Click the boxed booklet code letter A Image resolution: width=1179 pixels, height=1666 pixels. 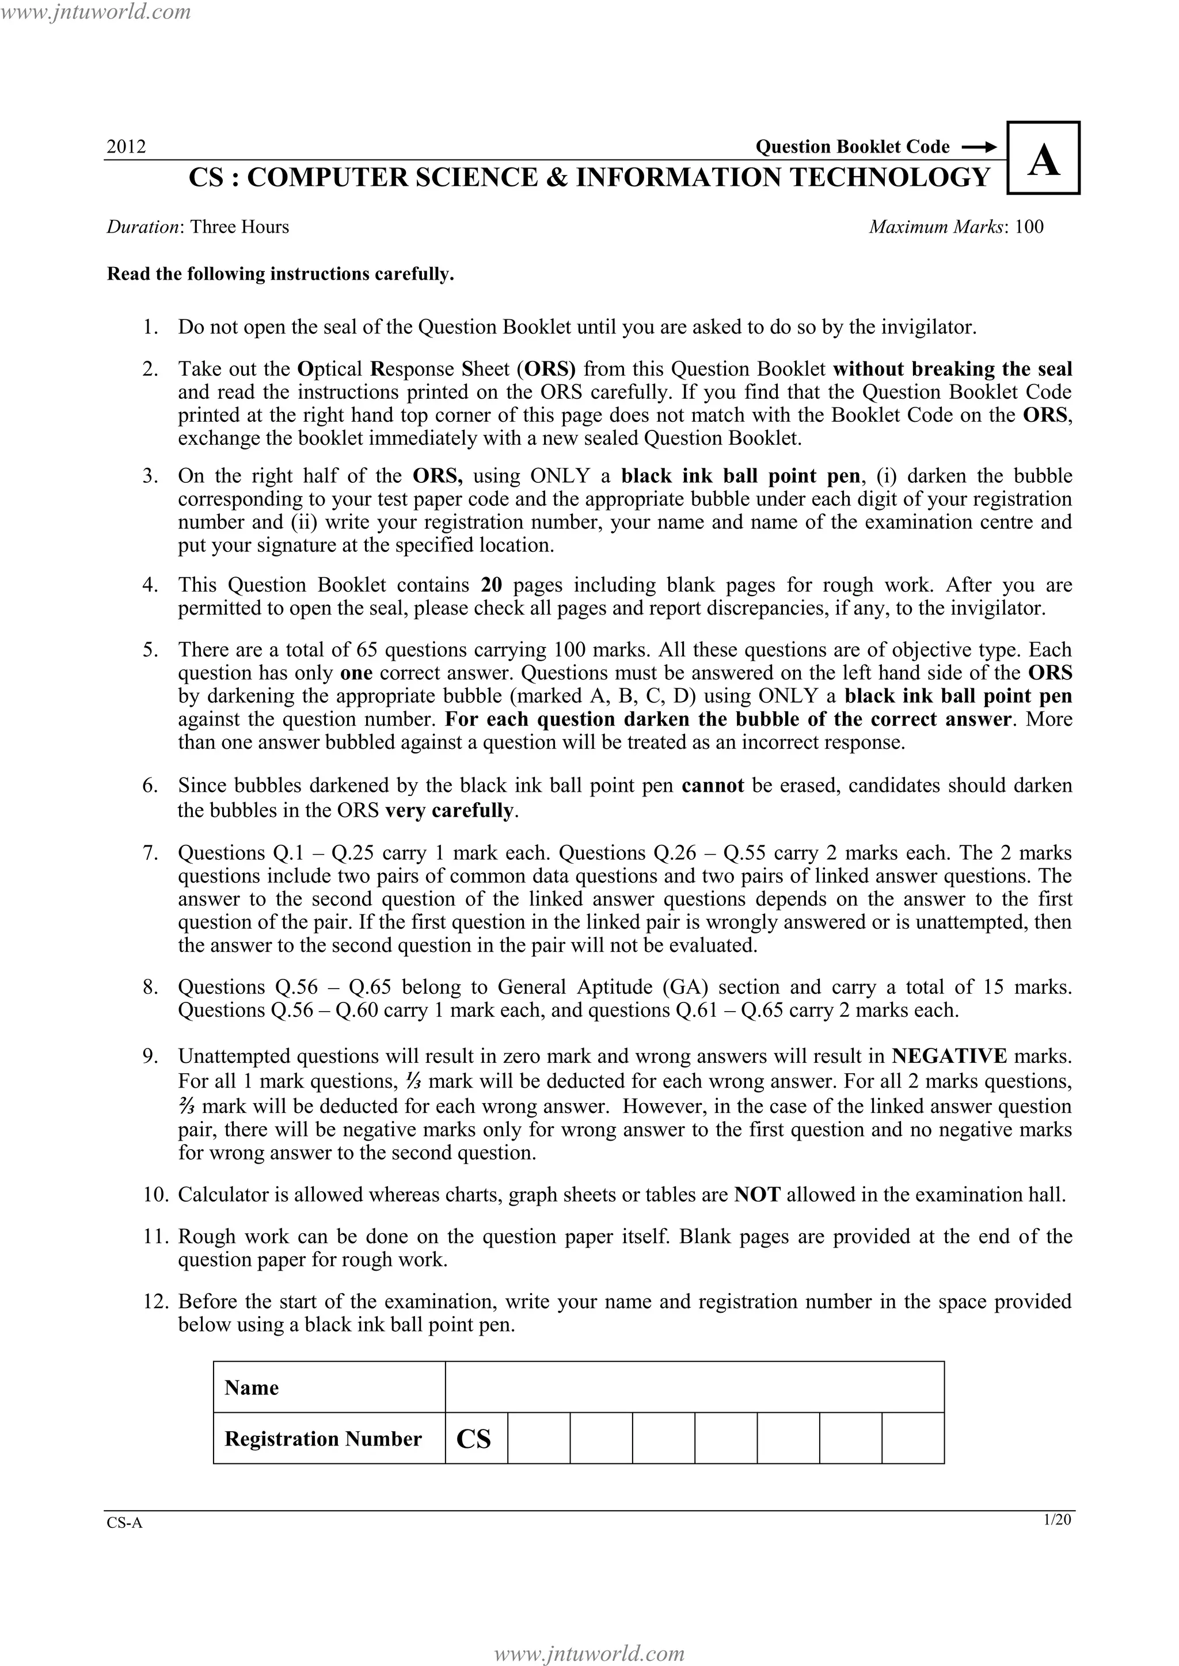coord(1043,159)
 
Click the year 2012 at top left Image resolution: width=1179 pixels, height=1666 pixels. coord(126,147)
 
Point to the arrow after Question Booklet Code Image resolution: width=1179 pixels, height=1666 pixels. coord(978,147)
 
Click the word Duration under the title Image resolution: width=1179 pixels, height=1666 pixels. coord(142,227)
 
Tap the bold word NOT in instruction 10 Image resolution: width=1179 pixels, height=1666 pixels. coord(756,1195)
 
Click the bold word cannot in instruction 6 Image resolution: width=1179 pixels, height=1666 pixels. coord(712,786)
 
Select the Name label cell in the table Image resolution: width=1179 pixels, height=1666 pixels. coord(329,1387)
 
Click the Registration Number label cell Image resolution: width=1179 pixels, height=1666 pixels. coord(329,1438)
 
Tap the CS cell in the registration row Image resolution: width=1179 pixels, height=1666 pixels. coord(476,1438)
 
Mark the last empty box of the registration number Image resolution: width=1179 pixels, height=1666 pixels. coord(912,1438)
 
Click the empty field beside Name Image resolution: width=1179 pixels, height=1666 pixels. coord(694,1387)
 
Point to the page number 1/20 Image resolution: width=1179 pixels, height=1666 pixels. coord(1056,1519)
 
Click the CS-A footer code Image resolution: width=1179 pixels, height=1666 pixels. coord(125,1523)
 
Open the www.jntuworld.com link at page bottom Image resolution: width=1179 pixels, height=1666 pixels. coord(589,1653)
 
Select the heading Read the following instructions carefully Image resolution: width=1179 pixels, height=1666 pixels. coord(280,275)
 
